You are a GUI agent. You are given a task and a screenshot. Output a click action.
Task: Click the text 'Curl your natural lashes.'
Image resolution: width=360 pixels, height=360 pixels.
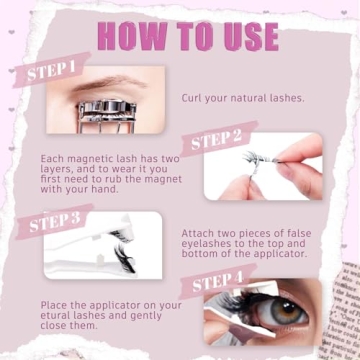pos(243,98)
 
